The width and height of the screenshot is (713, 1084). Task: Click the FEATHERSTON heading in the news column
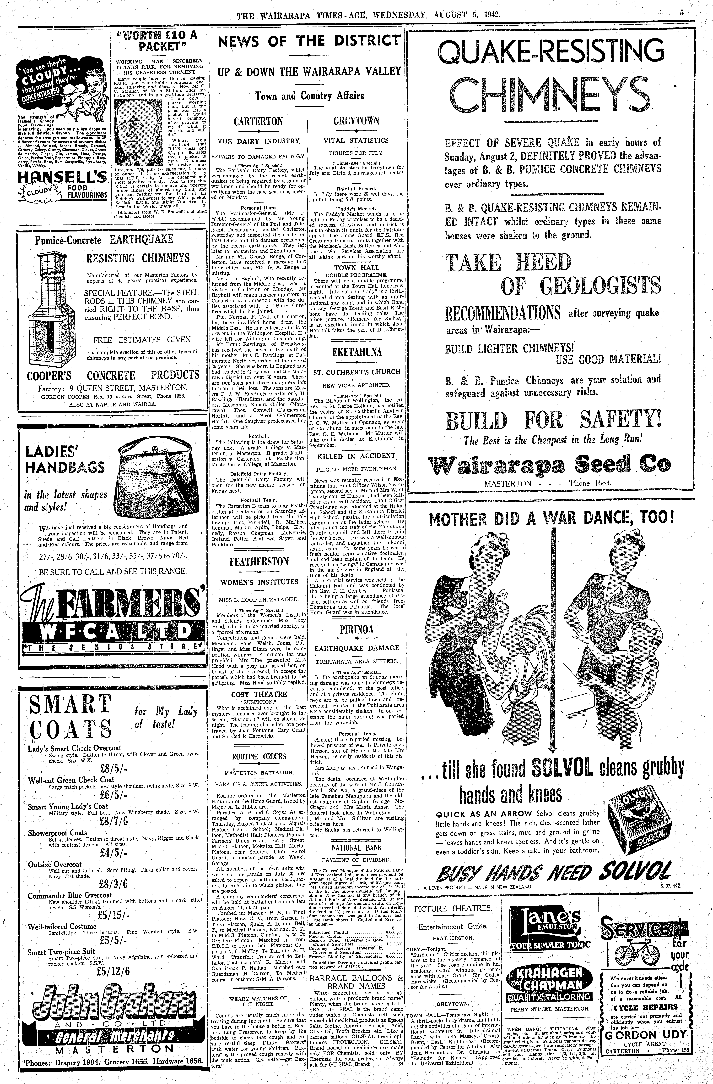coord(259,562)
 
